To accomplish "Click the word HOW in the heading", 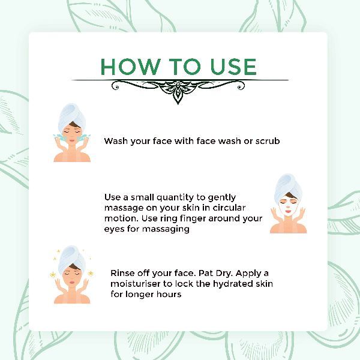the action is (x=130, y=67).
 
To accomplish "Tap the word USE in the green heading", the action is (x=233, y=67).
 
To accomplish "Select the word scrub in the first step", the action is (x=268, y=141).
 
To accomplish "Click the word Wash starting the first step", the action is (x=116, y=141).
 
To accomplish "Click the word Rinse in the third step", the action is (x=122, y=273).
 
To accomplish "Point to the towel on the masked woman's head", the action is (x=288, y=187).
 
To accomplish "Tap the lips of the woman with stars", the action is (x=72, y=283).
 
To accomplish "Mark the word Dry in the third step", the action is (x=224, y=274).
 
